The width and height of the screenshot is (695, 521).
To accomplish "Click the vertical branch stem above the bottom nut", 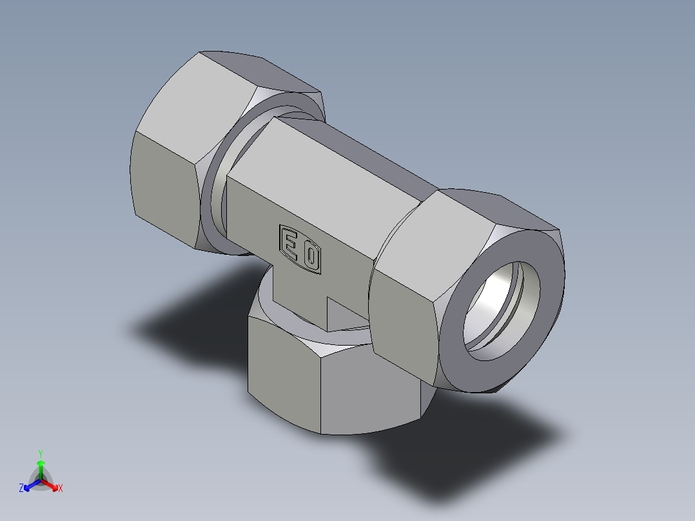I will pos(297,290).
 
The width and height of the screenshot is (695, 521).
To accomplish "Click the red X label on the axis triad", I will pos(61,489).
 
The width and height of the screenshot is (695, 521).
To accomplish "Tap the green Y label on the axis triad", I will pos(41,453).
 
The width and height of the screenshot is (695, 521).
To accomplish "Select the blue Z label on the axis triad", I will pos(21,489).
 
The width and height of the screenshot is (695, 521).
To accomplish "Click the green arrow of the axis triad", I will pos(41,467).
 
